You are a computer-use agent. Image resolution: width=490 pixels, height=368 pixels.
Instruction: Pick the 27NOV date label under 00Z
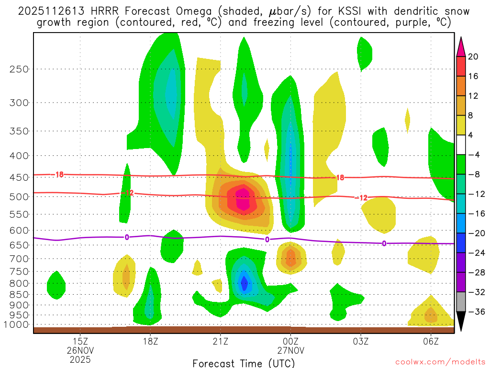pos(290,350)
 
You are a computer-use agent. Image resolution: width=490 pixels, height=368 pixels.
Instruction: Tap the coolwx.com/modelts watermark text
pos(431,362)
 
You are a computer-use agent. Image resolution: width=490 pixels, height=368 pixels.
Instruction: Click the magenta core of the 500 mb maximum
pos(243,199)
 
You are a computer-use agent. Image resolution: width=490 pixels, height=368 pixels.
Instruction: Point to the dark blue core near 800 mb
pos(244,284)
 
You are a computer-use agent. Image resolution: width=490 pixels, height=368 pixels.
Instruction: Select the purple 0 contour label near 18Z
pos(127,237)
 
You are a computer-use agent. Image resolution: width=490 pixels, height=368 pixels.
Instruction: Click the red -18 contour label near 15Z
pos(58,174)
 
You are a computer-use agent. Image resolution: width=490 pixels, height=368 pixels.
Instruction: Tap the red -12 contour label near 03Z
pos(361,198)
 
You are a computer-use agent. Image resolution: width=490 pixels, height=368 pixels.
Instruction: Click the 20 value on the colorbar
pos(473,57)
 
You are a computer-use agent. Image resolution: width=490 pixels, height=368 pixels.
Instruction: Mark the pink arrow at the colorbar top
pos(461,46)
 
